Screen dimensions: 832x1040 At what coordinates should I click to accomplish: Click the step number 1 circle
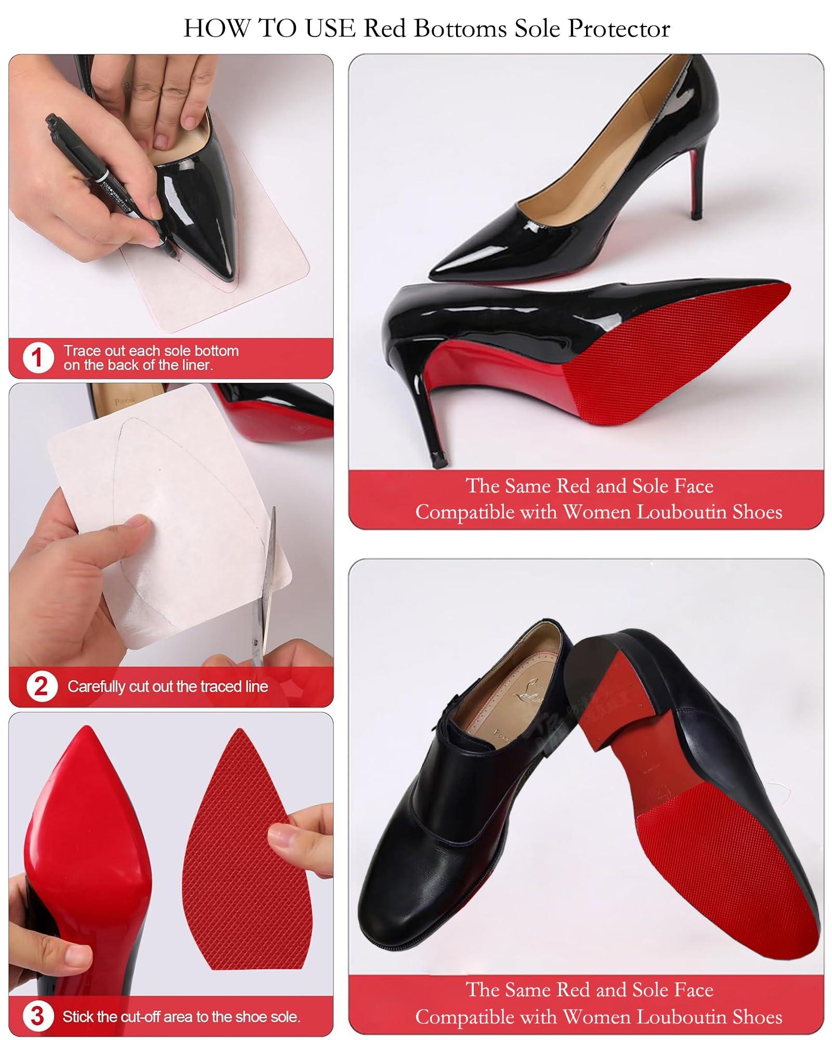37,357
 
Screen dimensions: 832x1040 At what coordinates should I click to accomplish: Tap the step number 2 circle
41,686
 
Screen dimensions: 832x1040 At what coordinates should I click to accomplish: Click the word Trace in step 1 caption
79,350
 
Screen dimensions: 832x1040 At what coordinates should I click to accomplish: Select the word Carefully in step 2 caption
97,686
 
